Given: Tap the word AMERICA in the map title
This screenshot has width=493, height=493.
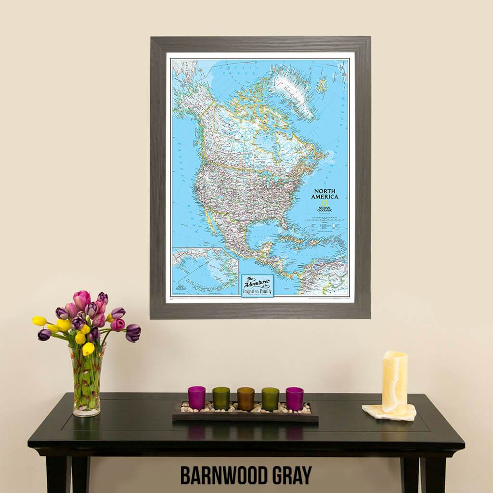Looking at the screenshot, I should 324,197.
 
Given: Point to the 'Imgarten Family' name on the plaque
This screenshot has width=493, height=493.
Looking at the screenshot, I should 257,291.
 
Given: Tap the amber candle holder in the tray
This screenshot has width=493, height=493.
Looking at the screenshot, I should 246,398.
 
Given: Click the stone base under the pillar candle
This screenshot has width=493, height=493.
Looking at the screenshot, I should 389,412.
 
